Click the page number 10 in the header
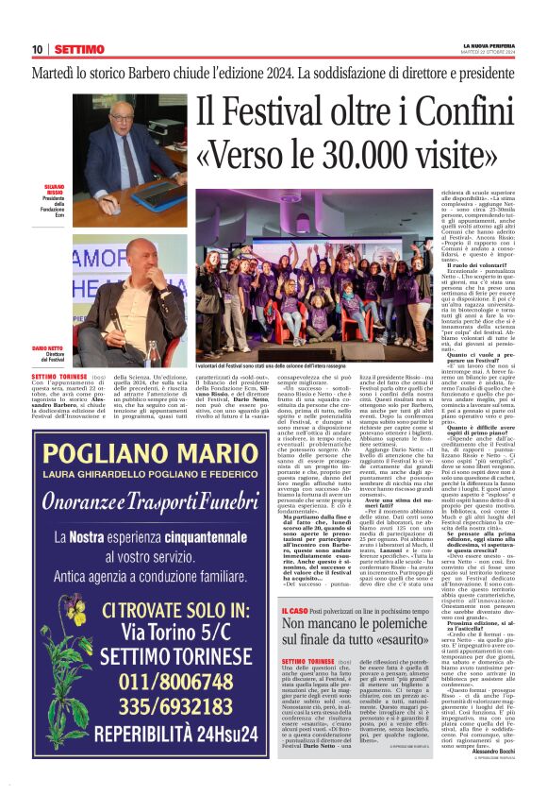37,49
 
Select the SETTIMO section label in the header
79,49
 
